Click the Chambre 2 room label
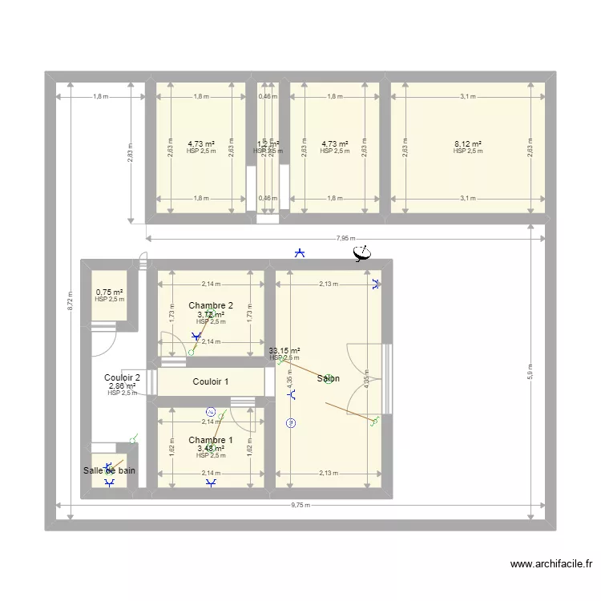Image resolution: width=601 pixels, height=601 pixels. pos(211,305)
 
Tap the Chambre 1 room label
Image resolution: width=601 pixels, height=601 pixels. pos(211,440)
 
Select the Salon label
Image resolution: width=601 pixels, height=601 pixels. pos(328,378)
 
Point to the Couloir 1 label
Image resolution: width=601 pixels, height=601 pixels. pos(211,381)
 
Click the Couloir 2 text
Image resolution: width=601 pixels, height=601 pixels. pos(123,377)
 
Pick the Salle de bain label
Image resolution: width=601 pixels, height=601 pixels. pos(109,471)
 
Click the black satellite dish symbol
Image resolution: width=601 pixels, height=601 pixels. pos(362,254)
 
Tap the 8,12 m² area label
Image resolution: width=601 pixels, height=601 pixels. pos(467,144)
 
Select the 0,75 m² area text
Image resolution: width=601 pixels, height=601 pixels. pos(110,292)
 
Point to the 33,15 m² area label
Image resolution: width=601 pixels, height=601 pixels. pos(284,350)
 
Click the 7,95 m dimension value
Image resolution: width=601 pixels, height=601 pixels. pos(345,238)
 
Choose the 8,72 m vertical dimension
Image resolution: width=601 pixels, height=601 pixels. pos(71,300)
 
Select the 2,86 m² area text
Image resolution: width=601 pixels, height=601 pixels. pos(122,385)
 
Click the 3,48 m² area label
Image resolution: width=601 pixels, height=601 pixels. pos(211,448)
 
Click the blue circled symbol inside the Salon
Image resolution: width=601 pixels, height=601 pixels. pos(291,423)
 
